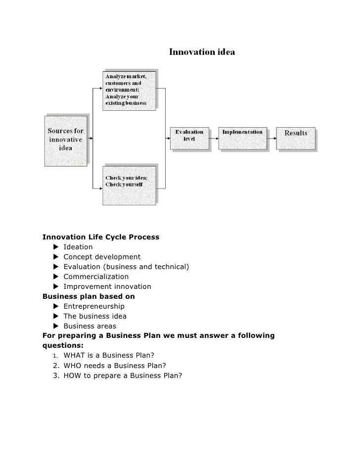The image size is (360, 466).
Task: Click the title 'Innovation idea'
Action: point(202,51)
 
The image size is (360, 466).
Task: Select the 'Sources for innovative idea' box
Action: point(66,140)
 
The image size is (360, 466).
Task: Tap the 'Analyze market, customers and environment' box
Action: point(130,90)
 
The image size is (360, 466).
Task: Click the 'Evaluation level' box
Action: point(190,137)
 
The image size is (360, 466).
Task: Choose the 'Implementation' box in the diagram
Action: point(242,137)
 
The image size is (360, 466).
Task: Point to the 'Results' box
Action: point(296,137)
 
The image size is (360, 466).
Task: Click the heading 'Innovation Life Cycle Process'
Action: point(101,237)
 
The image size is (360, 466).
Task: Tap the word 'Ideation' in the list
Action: point(78,247)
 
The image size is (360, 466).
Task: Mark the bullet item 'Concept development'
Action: point(102,257)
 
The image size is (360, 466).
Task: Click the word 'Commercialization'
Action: point(96,277)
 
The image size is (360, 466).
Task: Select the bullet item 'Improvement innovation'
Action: point(107,286)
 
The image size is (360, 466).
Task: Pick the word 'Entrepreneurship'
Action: point(94,306)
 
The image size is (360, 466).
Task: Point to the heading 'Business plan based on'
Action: point(89,296)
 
